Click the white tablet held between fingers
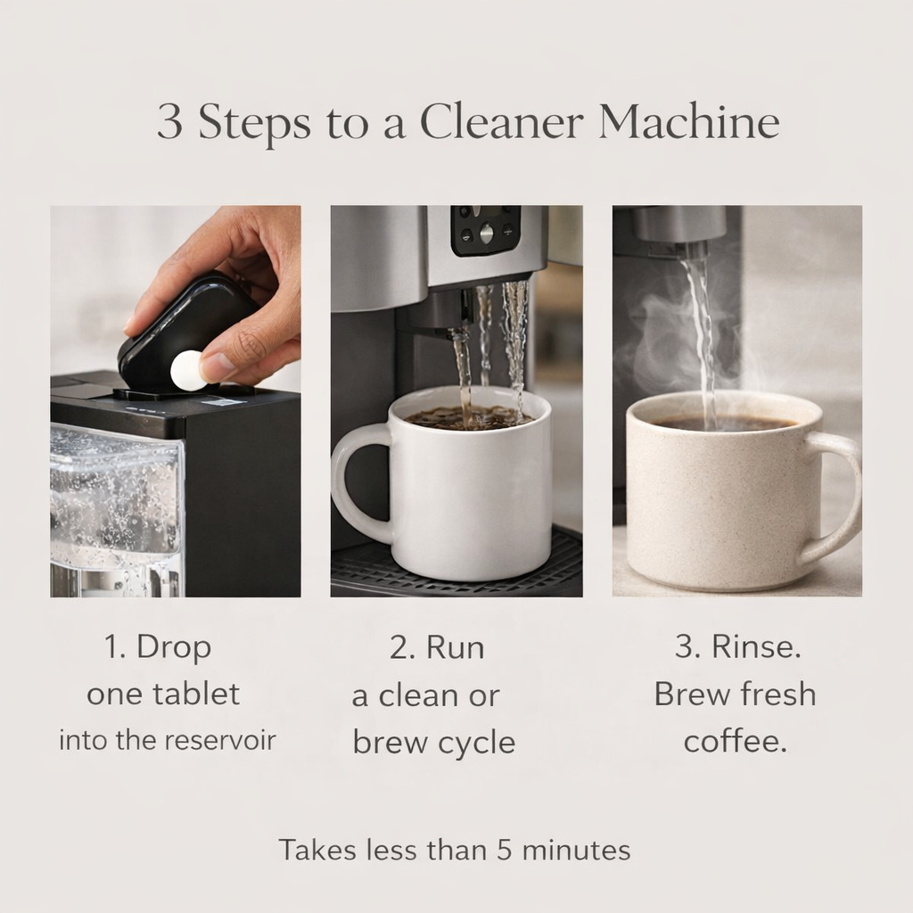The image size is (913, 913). pos(187,370)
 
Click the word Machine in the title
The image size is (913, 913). pos(688,123)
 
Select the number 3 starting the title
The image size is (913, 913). pos(169,124)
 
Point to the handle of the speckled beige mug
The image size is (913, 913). pos(835,499)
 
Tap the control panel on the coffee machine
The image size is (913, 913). pos(485,231)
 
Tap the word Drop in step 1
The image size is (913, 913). pos(174,648)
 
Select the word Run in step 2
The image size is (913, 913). pos(455,648)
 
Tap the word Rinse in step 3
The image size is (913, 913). pos(755,648)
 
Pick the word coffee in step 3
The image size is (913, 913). pos(735,741)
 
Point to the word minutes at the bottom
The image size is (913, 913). pos(576,850)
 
